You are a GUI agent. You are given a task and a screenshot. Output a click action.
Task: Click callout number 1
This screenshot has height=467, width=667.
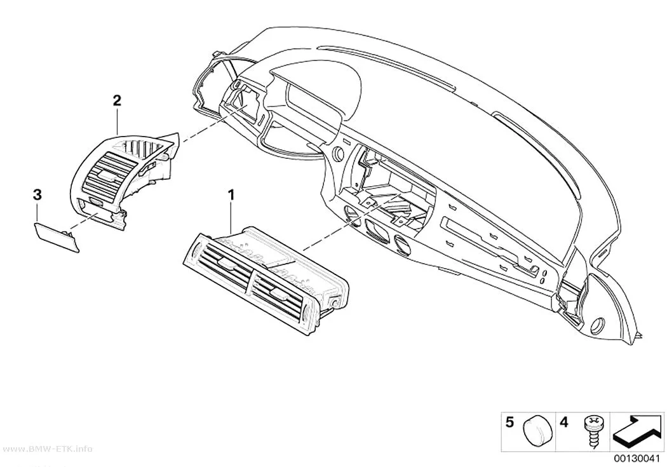(x=231, y=196)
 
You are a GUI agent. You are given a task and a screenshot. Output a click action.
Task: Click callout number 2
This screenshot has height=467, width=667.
(x=116, y=100)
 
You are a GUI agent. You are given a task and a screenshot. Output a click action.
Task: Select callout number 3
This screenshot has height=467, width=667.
(x=37, y=195)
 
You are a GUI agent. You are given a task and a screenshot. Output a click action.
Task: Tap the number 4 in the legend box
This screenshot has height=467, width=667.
(x=563, y=423)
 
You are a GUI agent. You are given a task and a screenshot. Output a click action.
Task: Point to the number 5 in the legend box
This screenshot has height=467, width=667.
(x=509, y=423)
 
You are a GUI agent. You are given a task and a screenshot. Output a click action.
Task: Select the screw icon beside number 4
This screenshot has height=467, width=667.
(x=591, y=431)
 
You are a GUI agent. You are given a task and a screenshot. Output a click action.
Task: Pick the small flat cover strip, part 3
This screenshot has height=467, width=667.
(x=56, y=238)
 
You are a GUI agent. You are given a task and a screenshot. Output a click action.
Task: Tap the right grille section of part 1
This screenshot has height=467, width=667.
(x=279, y=295)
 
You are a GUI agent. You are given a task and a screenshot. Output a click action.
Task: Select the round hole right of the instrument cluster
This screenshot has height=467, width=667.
(x=339, y=154)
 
